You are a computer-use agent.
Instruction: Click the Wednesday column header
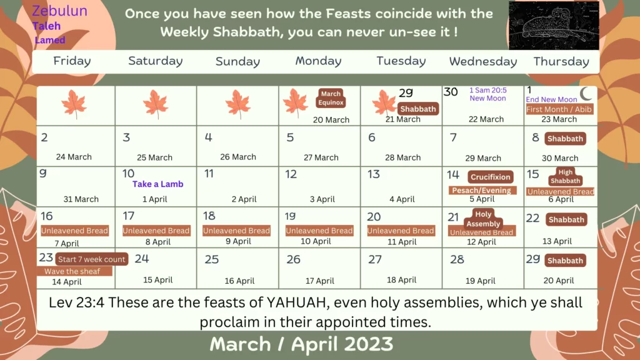(x=483, y=61)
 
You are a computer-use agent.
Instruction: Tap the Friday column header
(x=72, y=61)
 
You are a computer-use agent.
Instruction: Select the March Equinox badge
(x=331, y=98)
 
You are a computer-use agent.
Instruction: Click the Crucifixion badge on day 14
(x=490, y=177)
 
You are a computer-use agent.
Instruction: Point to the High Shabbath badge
(x=565, y=176)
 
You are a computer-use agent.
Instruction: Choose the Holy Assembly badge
(x=483, y=219)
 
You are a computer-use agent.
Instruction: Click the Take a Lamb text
(x=158, y=184)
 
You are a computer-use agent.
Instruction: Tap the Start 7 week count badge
(x=91, y=259)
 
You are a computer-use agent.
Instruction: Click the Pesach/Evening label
(x=482, y=190)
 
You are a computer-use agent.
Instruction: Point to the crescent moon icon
(x=586, y=94)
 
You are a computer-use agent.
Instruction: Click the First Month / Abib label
(x=558, y=109)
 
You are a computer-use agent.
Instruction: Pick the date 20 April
(x=558, y=281)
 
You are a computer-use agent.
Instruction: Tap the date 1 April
(x=155, y=199)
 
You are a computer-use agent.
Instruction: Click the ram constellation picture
(x=554, y=25)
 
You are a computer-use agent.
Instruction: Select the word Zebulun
(x=59, y=11)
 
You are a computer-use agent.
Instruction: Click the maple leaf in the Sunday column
(x=238, y=104)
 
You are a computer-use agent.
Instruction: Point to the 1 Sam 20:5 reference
(x=487, y=90)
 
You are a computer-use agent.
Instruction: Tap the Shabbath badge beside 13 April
(x=566, y=219)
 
